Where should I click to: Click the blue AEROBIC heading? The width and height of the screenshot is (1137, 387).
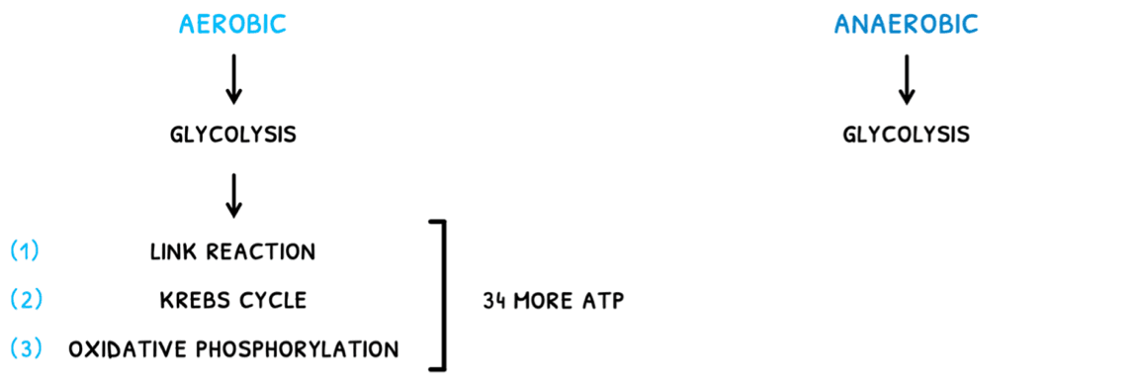point(232,24)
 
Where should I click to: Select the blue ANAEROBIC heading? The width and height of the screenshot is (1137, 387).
point(906,24)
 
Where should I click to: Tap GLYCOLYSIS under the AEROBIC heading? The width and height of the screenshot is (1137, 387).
point(232,134)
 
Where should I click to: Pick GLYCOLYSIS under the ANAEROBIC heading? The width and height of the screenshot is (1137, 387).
point(906,134)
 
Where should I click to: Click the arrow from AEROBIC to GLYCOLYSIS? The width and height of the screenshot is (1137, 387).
point(232,79)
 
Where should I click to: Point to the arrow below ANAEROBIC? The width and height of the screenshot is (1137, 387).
point(906,79)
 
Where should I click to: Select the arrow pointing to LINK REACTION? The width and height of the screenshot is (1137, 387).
point(232,194)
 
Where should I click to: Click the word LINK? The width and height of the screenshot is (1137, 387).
point(172,251)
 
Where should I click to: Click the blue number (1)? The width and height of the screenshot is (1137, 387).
point(25,251)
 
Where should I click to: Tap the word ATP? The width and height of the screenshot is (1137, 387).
point(605,300)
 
